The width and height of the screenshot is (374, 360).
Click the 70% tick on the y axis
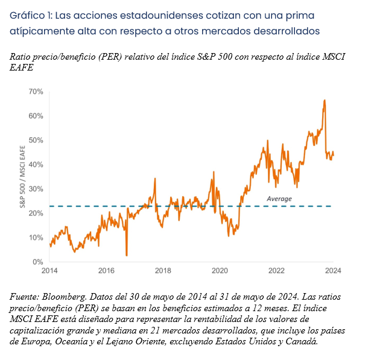(36, 92)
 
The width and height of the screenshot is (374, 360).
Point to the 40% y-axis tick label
(36, 165)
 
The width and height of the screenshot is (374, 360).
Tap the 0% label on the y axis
(38, 262)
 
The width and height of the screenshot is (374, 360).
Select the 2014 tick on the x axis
(49, 271)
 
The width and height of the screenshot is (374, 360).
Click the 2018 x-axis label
(163, 271)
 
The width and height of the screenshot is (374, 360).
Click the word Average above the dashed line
(279, 198)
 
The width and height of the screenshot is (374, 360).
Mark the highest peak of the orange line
(325, 100)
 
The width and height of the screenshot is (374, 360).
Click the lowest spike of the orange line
(127, 255)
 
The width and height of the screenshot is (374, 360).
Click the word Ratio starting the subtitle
(22, 56)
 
